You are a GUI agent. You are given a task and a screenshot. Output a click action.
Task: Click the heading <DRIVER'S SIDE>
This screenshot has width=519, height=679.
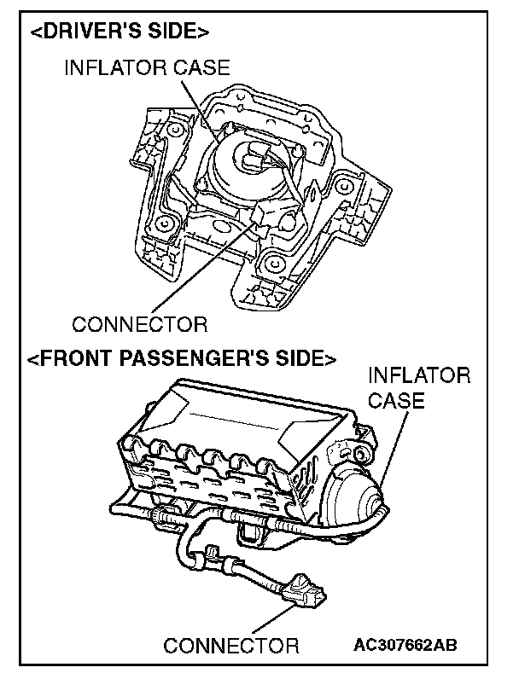(x=119, y=32)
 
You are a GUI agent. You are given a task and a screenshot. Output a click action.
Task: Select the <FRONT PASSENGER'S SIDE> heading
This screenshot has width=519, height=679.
(x=181, y=357)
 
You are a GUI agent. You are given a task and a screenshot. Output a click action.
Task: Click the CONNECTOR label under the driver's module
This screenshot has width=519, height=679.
(x=139, y=324)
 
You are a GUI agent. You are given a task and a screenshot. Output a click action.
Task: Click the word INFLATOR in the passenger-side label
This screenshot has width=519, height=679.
(x=418, y=376)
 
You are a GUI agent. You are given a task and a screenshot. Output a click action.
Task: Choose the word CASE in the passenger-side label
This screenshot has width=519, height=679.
(x=396, y=399)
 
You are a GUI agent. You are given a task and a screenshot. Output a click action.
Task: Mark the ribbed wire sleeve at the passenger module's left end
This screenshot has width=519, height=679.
(x=163, y=515)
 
